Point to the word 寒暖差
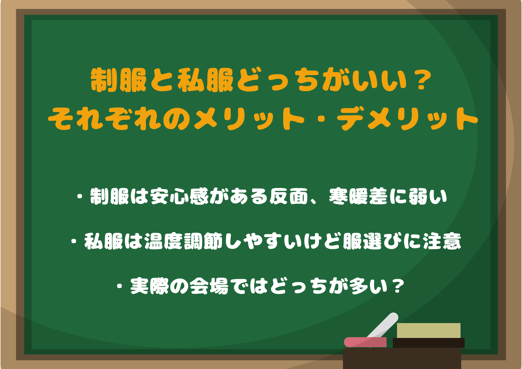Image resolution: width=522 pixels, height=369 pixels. tap(359, 196)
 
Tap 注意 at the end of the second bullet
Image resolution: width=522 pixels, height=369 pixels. tap(442, 241)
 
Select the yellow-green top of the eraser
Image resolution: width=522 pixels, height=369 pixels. tap(429, 330)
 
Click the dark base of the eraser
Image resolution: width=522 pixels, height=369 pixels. tap(429, 343)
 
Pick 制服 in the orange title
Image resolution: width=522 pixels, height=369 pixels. tap(119, 80)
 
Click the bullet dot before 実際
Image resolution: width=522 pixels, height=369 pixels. tap(120, 287)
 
